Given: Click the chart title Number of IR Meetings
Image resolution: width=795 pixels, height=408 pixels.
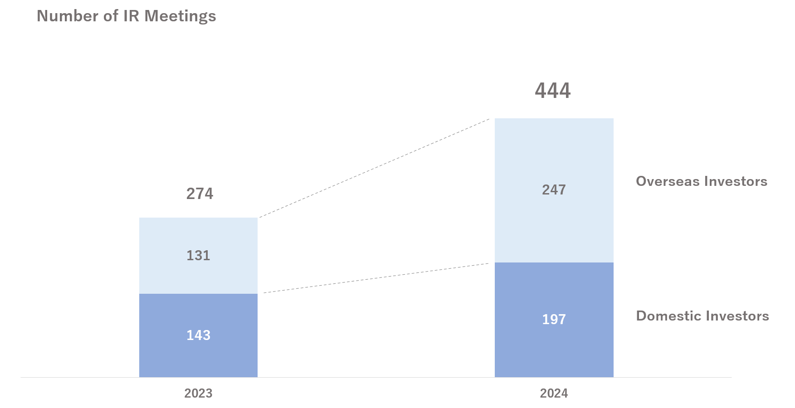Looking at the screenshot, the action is [x=126, y=16].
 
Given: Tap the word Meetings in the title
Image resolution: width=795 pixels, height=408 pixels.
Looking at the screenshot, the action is [x=180, y=16].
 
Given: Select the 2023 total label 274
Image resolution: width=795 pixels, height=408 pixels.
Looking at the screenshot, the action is [x=200, y=194].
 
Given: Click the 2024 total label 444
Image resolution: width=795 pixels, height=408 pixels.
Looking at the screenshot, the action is [x=553, y=91].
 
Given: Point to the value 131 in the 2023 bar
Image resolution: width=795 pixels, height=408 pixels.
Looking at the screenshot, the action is [x=199, y=256].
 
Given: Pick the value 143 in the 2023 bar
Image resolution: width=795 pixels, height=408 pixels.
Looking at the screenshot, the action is [x=199, y=335].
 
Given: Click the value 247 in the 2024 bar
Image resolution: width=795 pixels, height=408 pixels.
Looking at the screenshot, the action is [x=554, y=189].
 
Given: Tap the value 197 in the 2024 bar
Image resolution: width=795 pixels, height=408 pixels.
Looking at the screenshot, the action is [x=554, y=320].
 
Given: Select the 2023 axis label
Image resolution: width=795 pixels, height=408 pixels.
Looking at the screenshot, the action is [x=198, y=393].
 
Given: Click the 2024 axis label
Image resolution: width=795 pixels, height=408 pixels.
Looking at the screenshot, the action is [x=554, y=393].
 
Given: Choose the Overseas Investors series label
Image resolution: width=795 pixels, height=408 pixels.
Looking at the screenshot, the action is [x=702, y=181].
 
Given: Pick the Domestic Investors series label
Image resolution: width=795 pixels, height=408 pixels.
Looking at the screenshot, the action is [x=702, y=316].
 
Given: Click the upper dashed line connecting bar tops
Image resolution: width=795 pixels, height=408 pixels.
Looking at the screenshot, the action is [x=374, y=168].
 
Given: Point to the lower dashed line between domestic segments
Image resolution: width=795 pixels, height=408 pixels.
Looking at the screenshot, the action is [x=376, y=278].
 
